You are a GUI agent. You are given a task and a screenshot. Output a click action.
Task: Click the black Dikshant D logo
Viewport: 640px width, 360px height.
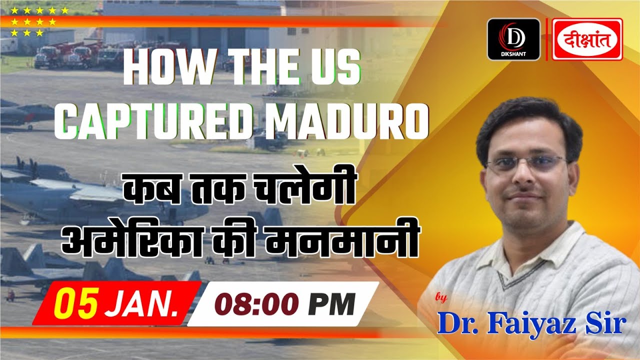513,39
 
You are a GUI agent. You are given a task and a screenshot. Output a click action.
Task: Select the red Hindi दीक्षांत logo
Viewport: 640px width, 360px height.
587,39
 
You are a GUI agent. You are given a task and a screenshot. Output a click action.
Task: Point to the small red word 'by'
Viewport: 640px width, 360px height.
440,298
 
